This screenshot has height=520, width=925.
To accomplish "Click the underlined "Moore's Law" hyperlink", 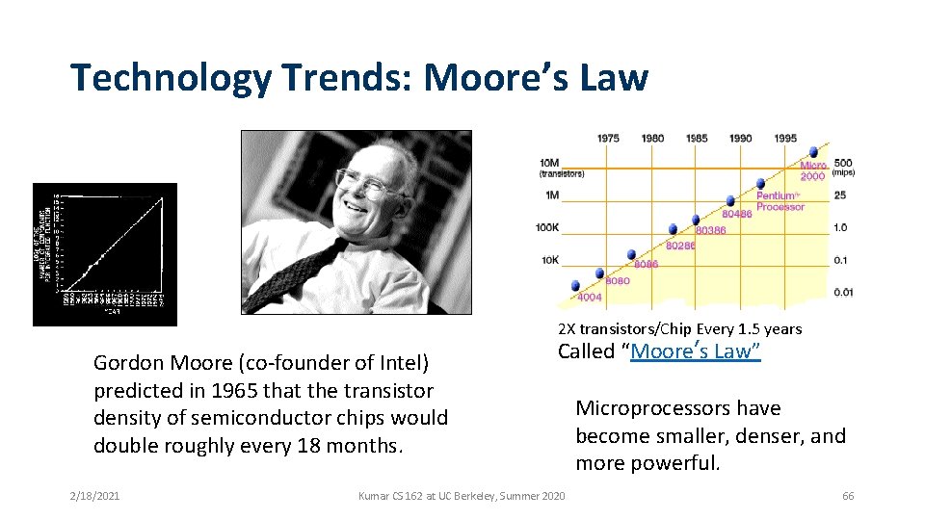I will click(x=695, y=351).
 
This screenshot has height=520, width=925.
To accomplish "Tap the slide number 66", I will click(x=848, y=496).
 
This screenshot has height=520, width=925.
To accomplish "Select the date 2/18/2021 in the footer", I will click(x=94, y=496).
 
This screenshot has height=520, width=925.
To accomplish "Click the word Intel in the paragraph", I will click(x=405, y=364).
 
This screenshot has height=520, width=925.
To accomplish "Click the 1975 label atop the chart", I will click(x=608, y=139).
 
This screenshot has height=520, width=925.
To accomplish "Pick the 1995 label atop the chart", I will click(x=785, y=139).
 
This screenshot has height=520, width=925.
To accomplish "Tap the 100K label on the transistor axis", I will click(x=547, y=228).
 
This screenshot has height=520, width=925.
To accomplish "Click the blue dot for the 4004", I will click(x=576, y=286).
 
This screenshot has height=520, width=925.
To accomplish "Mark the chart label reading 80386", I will click(x=710, y=231).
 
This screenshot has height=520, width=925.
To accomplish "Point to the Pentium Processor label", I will click(x=780, y=201).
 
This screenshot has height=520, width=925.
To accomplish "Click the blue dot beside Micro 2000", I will click(x=815, y=151).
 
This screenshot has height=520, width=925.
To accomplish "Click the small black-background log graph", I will click(x=105, y=253).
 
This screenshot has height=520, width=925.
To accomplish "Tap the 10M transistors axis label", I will click(x=549, y=163).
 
